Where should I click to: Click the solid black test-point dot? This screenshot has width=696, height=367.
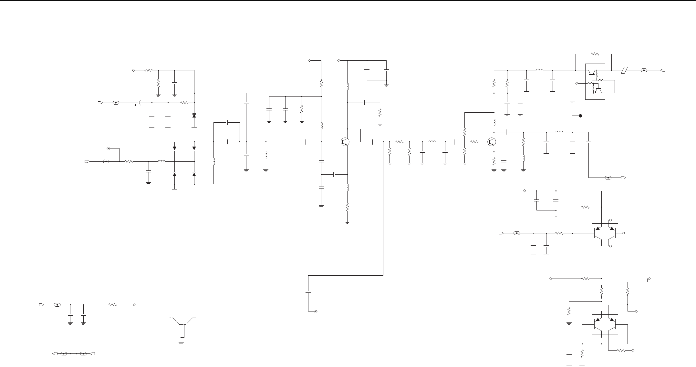click(580, 116)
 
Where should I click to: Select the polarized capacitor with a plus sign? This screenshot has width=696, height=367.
click(139, 103)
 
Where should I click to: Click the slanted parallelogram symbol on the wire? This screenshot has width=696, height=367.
click(625, 70)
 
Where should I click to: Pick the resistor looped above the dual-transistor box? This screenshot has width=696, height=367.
click(595, 54)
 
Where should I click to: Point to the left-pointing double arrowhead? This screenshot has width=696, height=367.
click(109, 148)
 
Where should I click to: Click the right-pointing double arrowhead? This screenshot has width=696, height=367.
click(315, 311)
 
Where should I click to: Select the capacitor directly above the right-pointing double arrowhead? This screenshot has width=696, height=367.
click(308, 292)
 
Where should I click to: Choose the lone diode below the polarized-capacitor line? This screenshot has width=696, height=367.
click(194, 116)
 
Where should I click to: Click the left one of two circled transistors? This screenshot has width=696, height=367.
click(345, 142)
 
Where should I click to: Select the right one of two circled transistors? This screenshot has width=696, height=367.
click(492, 142)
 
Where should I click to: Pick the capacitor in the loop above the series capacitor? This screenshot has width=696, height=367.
click(227, 123)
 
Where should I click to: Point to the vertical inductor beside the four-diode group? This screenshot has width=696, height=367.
click(214, 161)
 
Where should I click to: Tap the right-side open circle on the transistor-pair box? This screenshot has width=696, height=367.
click(624, 233)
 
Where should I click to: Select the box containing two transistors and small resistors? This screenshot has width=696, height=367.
click(595, 82)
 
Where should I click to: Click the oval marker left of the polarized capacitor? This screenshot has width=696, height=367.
click(116, 103)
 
